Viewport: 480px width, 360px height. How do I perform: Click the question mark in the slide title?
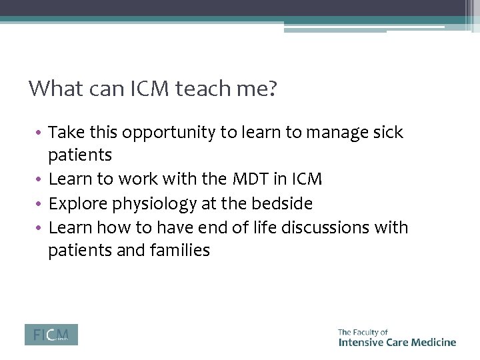pos(271,89)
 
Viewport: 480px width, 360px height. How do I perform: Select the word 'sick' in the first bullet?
pos(389,133)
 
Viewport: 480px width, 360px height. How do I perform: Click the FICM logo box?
pos(51,334)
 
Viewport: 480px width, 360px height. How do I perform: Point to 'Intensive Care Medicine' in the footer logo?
pos(397,342)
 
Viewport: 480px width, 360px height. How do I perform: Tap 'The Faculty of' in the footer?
pos(363,331)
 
